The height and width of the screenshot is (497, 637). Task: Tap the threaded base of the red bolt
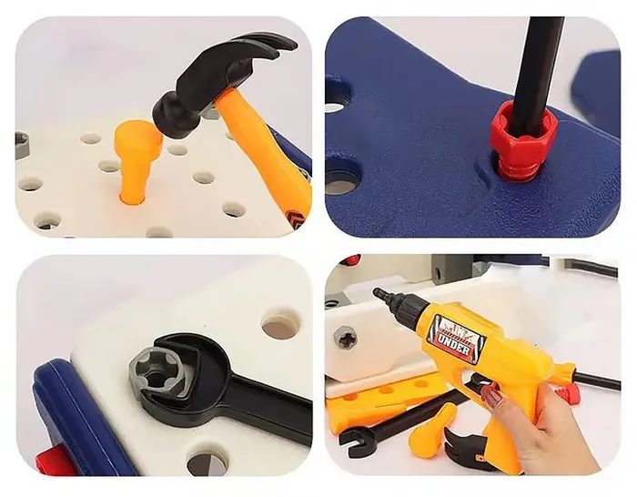tap(515, 167)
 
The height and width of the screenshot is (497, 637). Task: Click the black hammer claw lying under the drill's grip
tap(463, 444)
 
